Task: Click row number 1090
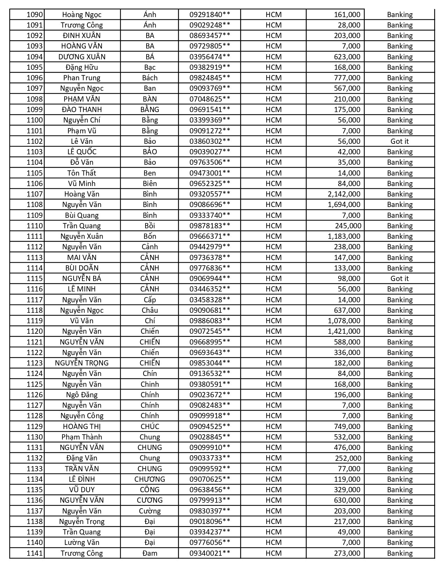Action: click(35, 15)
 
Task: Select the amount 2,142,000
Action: click(344, 194)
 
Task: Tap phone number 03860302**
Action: click(210, 141)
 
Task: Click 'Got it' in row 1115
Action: click(399, 279)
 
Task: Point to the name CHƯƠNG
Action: click(150, 479)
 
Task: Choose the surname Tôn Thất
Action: click(82, 173)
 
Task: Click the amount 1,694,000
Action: click(344, 205)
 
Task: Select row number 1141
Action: click(35, 553)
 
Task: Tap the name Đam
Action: click(150, 553)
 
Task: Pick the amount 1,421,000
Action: click(344, 331)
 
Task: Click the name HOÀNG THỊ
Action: click(82, 427)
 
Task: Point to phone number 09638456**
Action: click(210, 490)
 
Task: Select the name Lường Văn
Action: click(82, 542)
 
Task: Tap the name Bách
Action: click(150, 78)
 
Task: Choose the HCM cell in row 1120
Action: click(273, 331)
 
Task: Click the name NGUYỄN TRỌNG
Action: click(82, 363)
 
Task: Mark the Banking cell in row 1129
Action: click(399, 427)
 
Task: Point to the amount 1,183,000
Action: click(344, 236)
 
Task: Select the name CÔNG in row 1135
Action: click(150, 490)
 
